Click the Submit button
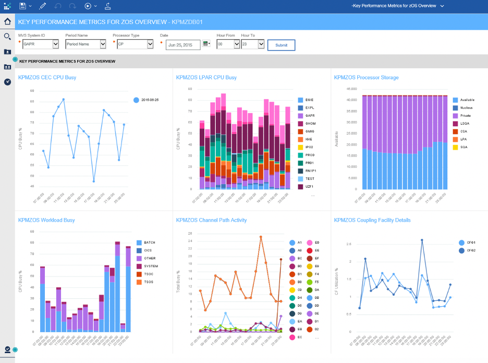(x=281, y=45)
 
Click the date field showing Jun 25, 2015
(x=182, y=45)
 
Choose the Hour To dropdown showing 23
(x=252, y=45)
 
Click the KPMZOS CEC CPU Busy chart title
(x=47, y=78)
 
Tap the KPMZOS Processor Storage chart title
(x=366, y=78)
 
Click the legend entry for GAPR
(x=309, y=115)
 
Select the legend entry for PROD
(x=310, y=155)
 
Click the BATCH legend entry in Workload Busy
(x=150, y=243)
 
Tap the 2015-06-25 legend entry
(x=149, y=100)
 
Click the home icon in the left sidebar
(x=7, y=22)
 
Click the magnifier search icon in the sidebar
(x=7, y=37)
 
